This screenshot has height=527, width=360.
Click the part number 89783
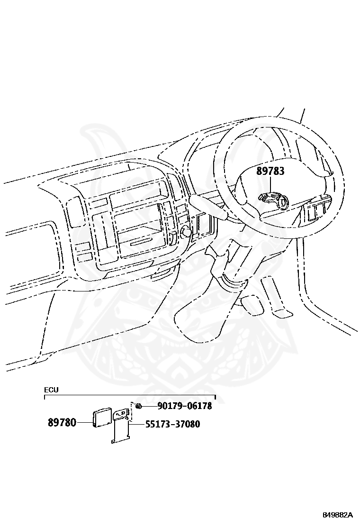(x=270, y=171)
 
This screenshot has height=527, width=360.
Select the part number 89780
(x=62, y=422)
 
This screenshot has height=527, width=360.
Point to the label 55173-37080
(x=172, y=424)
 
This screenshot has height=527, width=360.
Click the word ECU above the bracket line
(x=51, y=390)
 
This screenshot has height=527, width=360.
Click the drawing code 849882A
(x=338, y=515)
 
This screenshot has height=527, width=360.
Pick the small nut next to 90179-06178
(x=138, y=406)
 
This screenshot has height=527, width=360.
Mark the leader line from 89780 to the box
(x=85, y=422)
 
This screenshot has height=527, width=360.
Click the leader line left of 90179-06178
(x=149, y=406)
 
